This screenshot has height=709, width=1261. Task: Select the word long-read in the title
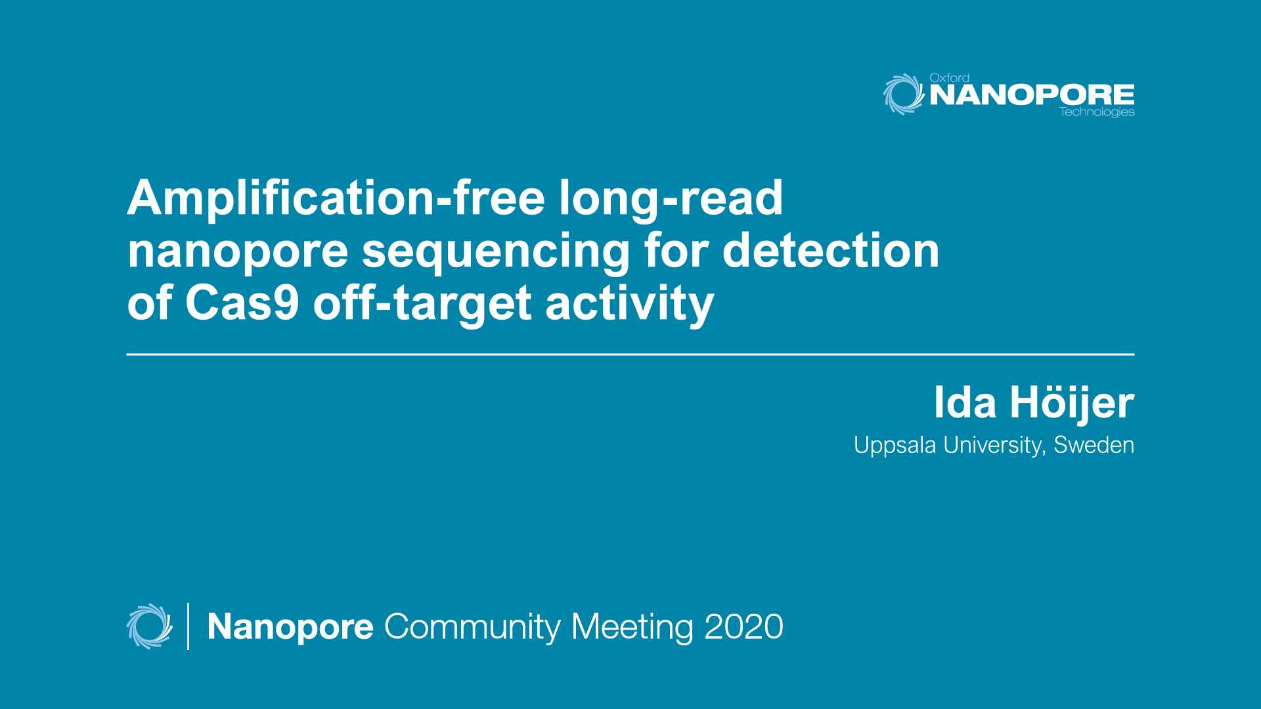tap(671, 198)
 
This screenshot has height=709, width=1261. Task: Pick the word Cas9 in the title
tap(242, 303)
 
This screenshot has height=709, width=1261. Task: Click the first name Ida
tap(965, 402)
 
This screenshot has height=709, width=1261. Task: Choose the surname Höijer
tap(1072, 403)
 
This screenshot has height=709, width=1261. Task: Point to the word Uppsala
tap(895, 446)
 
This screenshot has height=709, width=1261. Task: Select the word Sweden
tap(1094, 445)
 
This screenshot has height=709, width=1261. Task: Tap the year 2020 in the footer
tap(743, 626)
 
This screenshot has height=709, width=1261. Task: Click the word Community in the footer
tap(472, 628)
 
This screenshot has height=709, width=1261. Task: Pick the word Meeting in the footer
tap(632, 628)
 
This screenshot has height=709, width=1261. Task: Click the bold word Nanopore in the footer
tap(290, 628)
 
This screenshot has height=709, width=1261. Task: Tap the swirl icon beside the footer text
tap(150, 626)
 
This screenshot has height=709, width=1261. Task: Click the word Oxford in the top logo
tap(949, 77)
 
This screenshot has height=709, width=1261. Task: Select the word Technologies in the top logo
tap(1096, 112)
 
